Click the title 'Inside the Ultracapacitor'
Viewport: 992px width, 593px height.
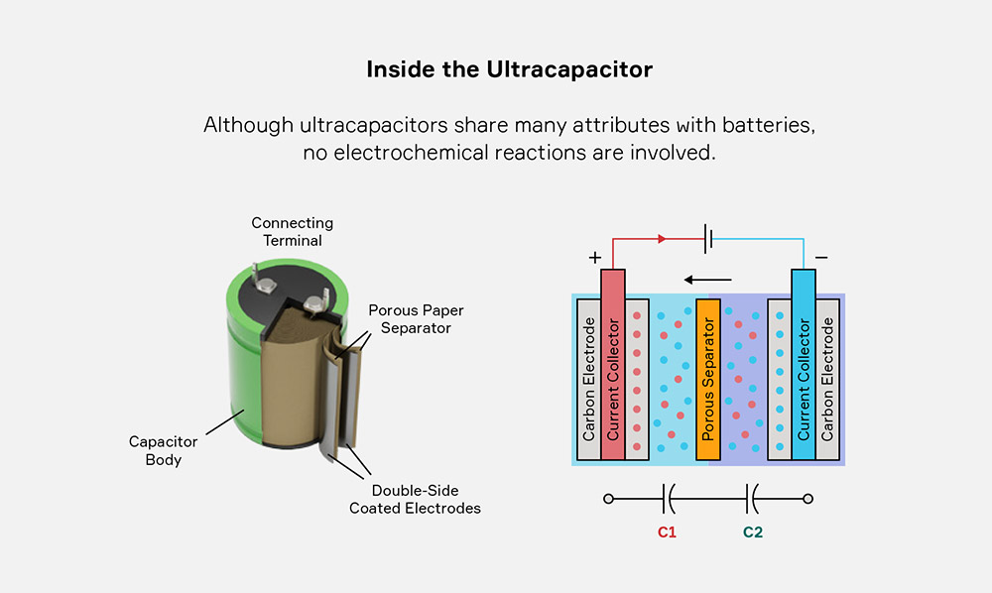509,69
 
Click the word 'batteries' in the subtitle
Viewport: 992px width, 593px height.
768,125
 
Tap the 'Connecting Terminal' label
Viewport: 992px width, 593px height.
293,231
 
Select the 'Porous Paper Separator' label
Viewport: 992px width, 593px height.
416,319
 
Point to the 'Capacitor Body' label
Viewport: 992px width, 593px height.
164,450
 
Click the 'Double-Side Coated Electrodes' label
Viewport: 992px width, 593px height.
415,500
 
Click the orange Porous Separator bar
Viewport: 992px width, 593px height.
708,380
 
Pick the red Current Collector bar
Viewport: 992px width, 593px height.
612,365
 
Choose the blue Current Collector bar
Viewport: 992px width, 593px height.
804,365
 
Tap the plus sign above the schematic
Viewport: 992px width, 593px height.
594,257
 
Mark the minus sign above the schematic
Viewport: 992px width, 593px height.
821,257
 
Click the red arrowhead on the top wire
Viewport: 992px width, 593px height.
662,239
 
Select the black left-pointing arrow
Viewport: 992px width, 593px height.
708,280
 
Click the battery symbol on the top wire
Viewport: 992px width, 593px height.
708,239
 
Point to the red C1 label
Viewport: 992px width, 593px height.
667,533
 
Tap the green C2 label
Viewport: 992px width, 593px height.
753,533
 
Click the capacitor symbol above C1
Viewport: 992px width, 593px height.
668,499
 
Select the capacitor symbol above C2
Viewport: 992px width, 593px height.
752,499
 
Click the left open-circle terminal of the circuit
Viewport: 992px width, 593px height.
609,499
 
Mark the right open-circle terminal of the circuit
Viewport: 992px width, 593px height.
807,499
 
